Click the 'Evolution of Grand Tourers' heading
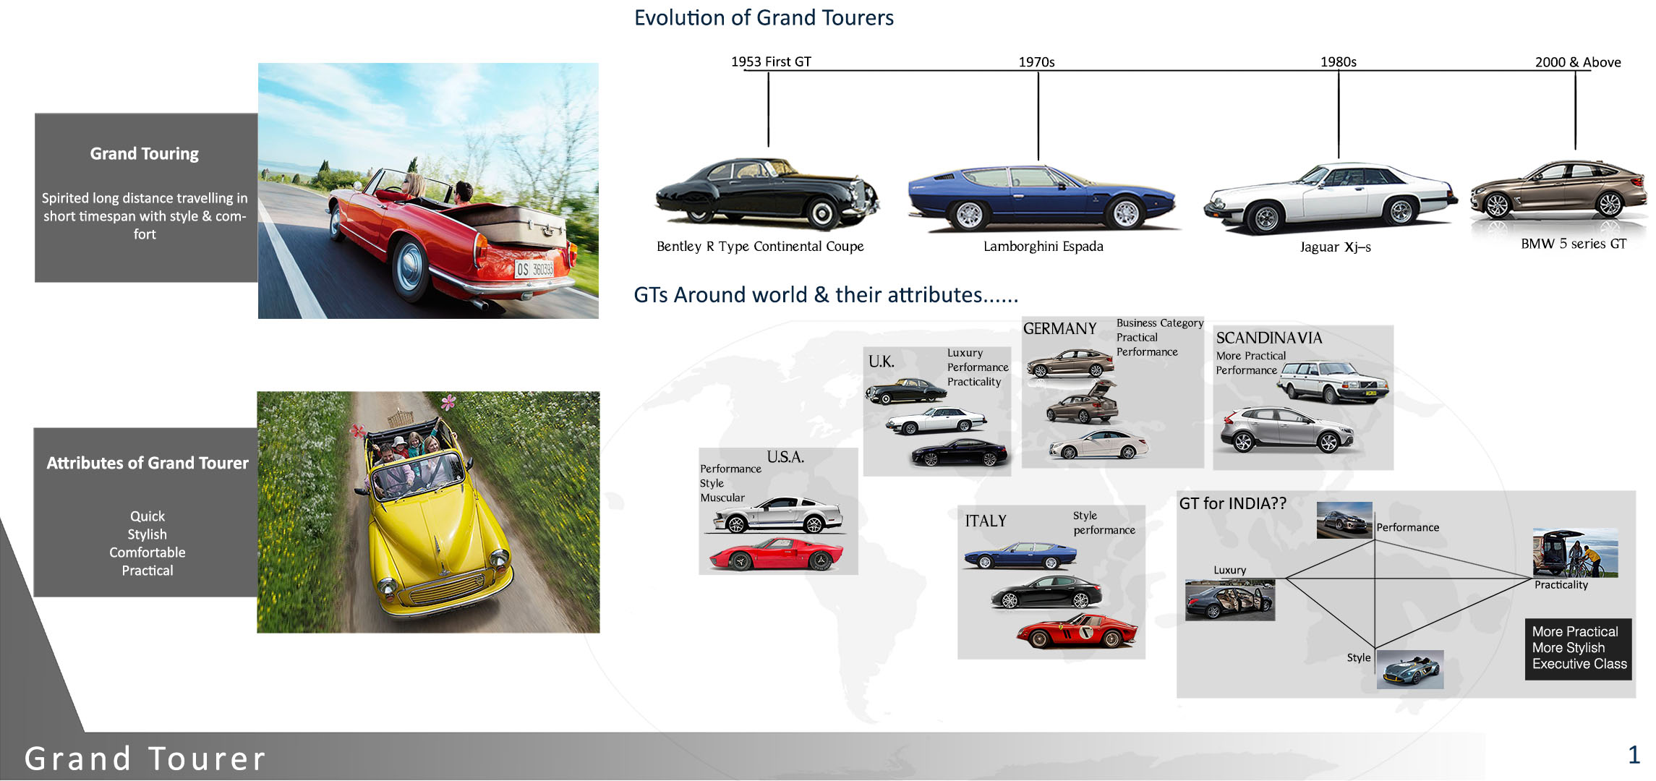[x=764, y=17]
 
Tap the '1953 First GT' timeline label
[x=771, y=61]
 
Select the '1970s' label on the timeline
[x=1036, y=62]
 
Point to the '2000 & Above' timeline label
[x=1578, y=62]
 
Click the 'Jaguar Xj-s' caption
[x=1335, y=247]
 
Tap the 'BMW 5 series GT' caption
[x=1574, y=244]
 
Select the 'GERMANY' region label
[x=1059, y=328]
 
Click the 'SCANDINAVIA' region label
[x=1268, y=338]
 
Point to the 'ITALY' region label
[x=985, y=521]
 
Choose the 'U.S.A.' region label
[x=785, y=457]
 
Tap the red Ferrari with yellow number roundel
[x=1077, y=631]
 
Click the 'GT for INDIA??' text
[x=1232, y=503]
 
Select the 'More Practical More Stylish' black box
[x=1579, y=649]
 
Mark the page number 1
[x=1634, y=755]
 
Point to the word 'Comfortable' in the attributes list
[x=148, y=552]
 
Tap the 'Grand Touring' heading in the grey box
[x=145, y=154]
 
